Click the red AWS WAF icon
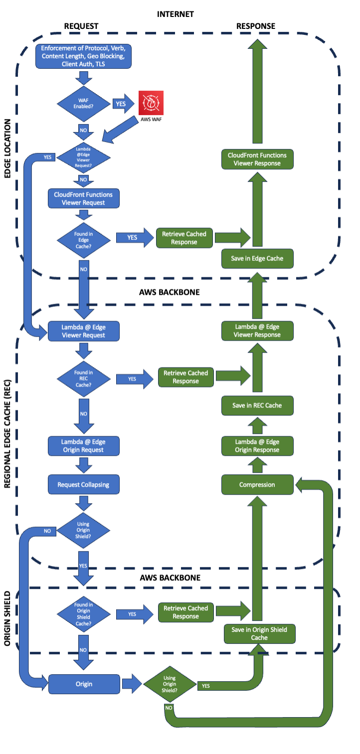151,103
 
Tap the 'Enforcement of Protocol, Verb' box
84,56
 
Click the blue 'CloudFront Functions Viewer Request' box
84,198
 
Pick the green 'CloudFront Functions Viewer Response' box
257,159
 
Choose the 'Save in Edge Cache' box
257,258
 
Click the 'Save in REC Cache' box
257,405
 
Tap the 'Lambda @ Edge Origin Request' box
84,446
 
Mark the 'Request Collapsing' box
84,484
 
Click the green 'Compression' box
257,484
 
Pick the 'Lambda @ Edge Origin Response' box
257,446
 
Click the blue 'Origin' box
84,684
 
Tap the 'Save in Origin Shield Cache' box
259,633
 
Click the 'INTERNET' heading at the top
175,14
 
